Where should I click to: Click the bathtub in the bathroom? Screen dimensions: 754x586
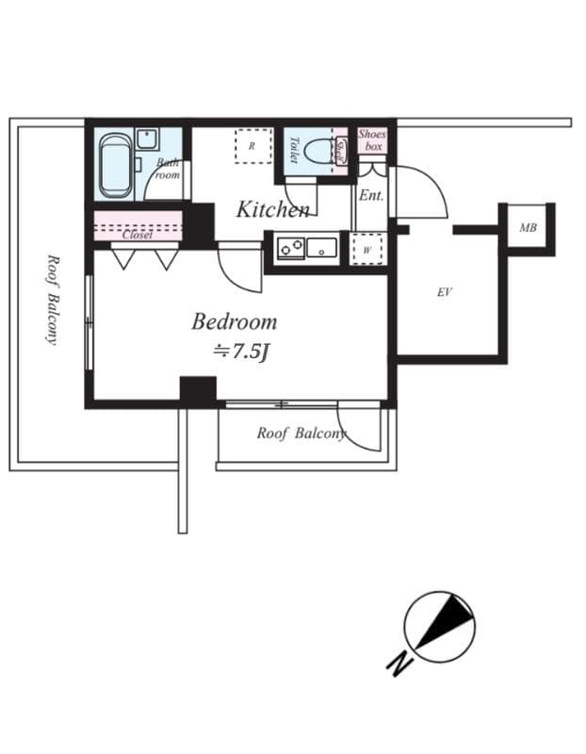tap(115, 165)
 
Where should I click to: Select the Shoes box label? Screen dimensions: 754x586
tap(372, 140)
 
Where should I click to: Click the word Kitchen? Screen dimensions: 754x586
tap(271, 209)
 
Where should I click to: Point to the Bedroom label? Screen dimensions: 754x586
tap(234, 321)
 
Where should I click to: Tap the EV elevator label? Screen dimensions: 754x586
tap(445, 292)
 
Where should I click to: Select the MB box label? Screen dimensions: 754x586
tap(528, 228)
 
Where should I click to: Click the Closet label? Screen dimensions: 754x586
tap(138, 235)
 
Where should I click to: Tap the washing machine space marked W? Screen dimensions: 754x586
tap(367, 251)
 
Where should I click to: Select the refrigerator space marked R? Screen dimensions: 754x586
tap(252, 145)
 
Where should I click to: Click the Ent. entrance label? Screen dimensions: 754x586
tap(370, 196)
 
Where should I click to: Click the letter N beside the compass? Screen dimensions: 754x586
tap(399, 664)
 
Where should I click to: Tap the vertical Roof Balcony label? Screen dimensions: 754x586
tap(53, 299)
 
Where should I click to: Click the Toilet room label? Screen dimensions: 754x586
tap(294, 150)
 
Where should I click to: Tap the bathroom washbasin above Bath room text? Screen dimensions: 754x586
tap(148, 139)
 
